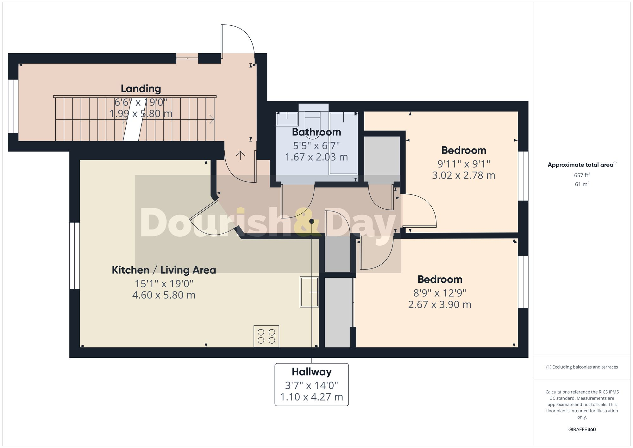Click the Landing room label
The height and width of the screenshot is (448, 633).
[x=141, y=89]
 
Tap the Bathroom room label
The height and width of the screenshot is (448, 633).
[x=316, y=132]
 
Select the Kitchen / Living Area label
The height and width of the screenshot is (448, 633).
[x=164, y=270]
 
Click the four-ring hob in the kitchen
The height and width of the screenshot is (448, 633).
[x=266, y=336]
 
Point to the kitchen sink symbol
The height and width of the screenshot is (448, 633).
[x=309, y=292]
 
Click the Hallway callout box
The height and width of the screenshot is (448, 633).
[x=311, y=384]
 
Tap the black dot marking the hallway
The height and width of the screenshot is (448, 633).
[x=312, y=221]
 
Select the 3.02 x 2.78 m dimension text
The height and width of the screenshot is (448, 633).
[x=463, y=175]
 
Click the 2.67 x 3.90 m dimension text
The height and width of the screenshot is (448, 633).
[x=440, y=305]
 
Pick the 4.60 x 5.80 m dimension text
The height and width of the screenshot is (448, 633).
[x=164, y=295]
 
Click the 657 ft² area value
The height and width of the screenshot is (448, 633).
[x=582, y=175]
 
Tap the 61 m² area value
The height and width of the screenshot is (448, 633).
[x=582, y=184]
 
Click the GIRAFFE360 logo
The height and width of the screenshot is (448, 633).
[x=582, y=430]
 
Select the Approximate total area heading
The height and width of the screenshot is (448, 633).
[x=582, y=165]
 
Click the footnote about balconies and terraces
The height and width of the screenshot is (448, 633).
[x=582, y=367]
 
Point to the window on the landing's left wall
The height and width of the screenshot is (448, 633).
[x=13, y=106]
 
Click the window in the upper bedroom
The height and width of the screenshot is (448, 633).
[x=523, y=176]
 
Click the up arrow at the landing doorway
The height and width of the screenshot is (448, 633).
[x=241, y=155]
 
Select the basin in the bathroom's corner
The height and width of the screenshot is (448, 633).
[x=287, y=119]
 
